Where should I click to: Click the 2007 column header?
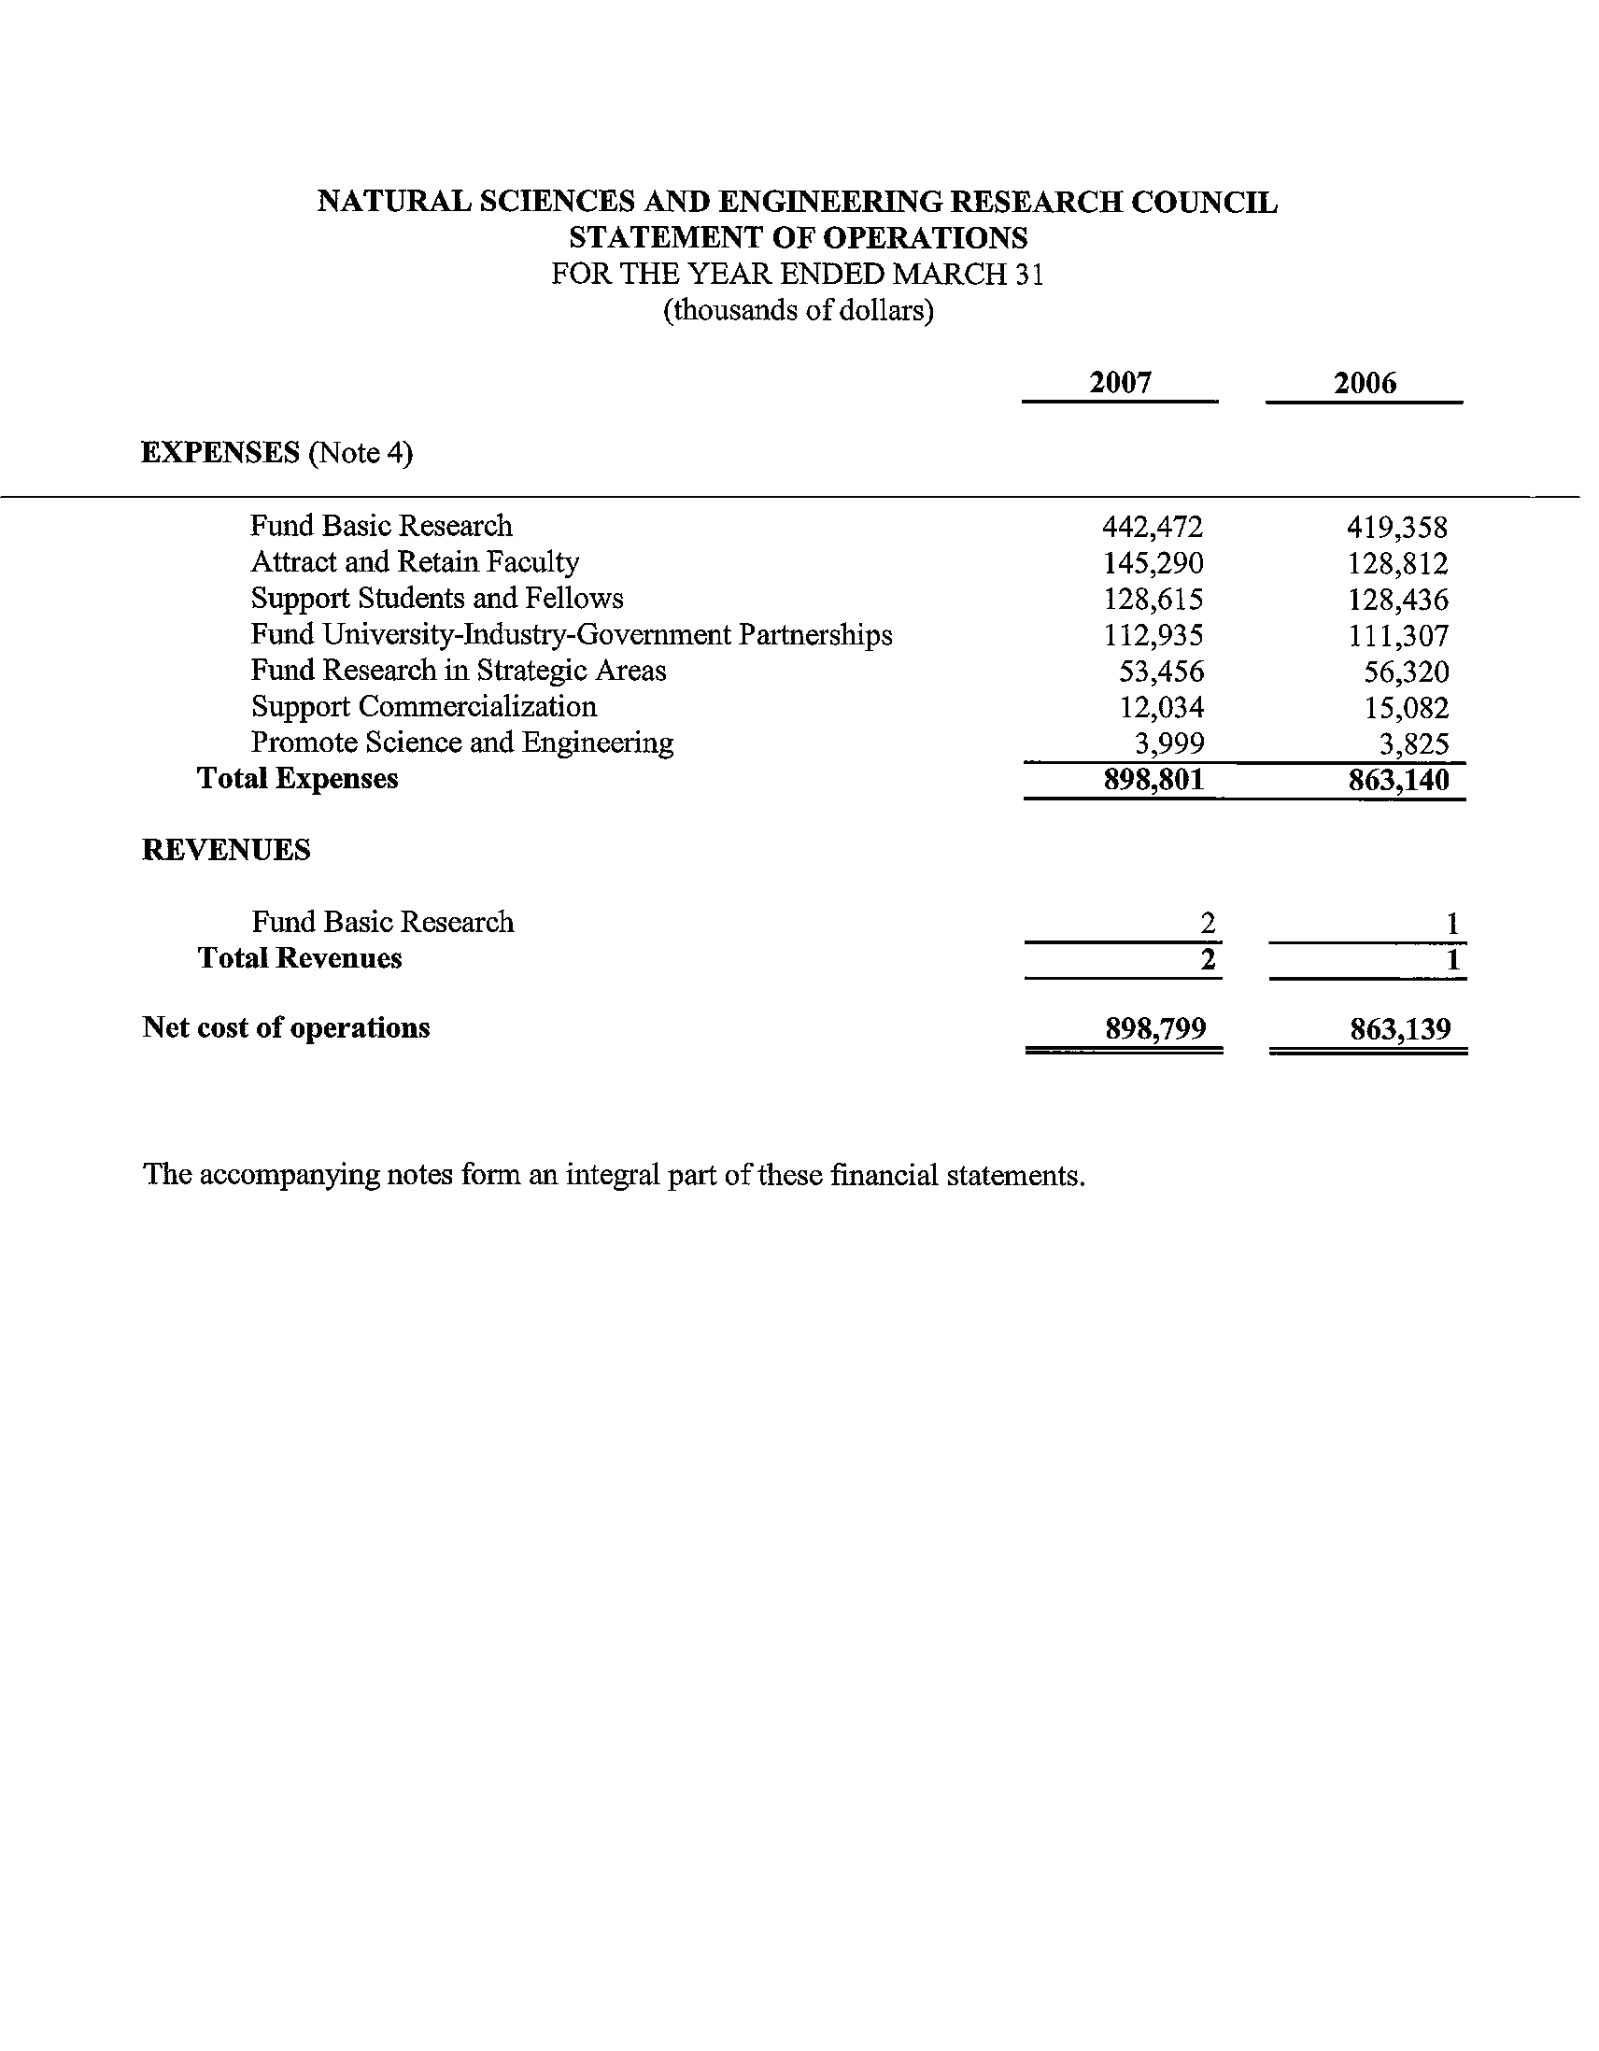tap(1120, 382)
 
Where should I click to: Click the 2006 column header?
tap(1365, 382)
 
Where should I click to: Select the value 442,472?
tap(1152, 527)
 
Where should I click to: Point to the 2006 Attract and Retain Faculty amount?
tap(1397, 563)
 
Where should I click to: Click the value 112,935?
tap(1152, 636)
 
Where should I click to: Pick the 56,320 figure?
tap(1406, 672)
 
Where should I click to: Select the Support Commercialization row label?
tap(423, 707)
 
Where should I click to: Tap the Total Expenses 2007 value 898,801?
tap(1153, 780)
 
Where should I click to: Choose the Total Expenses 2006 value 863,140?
tap(1398, 780)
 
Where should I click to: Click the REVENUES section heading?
tap(225, 850)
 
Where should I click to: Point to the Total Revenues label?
tap(300, 959)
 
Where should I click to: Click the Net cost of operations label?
tap(286, 1028)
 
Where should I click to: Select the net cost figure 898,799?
tap(1155, 1028)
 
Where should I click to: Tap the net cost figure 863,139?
tap(1400, 1028)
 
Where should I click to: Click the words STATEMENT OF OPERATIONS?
tap(798, 236)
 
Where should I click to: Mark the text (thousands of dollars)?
tap(798, 310)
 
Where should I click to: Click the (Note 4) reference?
tap(361, 454)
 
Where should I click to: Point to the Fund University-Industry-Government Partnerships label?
tap(571, 636)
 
